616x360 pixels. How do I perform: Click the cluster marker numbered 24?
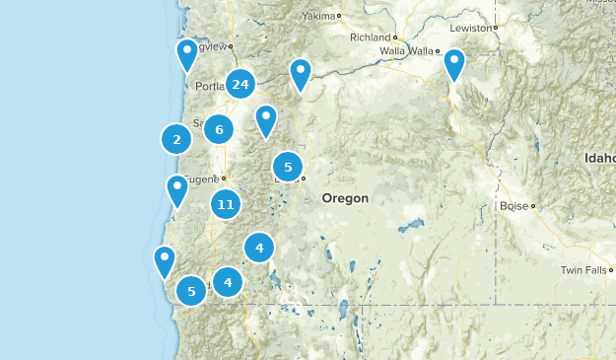240,85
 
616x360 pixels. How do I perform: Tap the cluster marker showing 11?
226,205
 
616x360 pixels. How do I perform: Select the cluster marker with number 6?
219,129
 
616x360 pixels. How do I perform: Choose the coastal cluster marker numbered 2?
176,140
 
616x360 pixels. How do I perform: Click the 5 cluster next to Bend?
288,168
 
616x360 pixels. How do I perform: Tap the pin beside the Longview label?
187,55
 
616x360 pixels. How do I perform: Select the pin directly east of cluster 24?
300,74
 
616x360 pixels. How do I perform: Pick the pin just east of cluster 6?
265,120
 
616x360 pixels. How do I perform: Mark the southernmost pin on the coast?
165,261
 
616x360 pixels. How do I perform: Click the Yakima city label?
318,16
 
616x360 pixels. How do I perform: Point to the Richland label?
371,37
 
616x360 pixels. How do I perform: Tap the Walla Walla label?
406,50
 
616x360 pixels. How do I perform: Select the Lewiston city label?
470,29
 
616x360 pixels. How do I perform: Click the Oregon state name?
344,198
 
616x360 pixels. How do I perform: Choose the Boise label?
513,206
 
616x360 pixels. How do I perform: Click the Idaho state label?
599,158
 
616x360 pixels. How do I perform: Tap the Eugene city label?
203,179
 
